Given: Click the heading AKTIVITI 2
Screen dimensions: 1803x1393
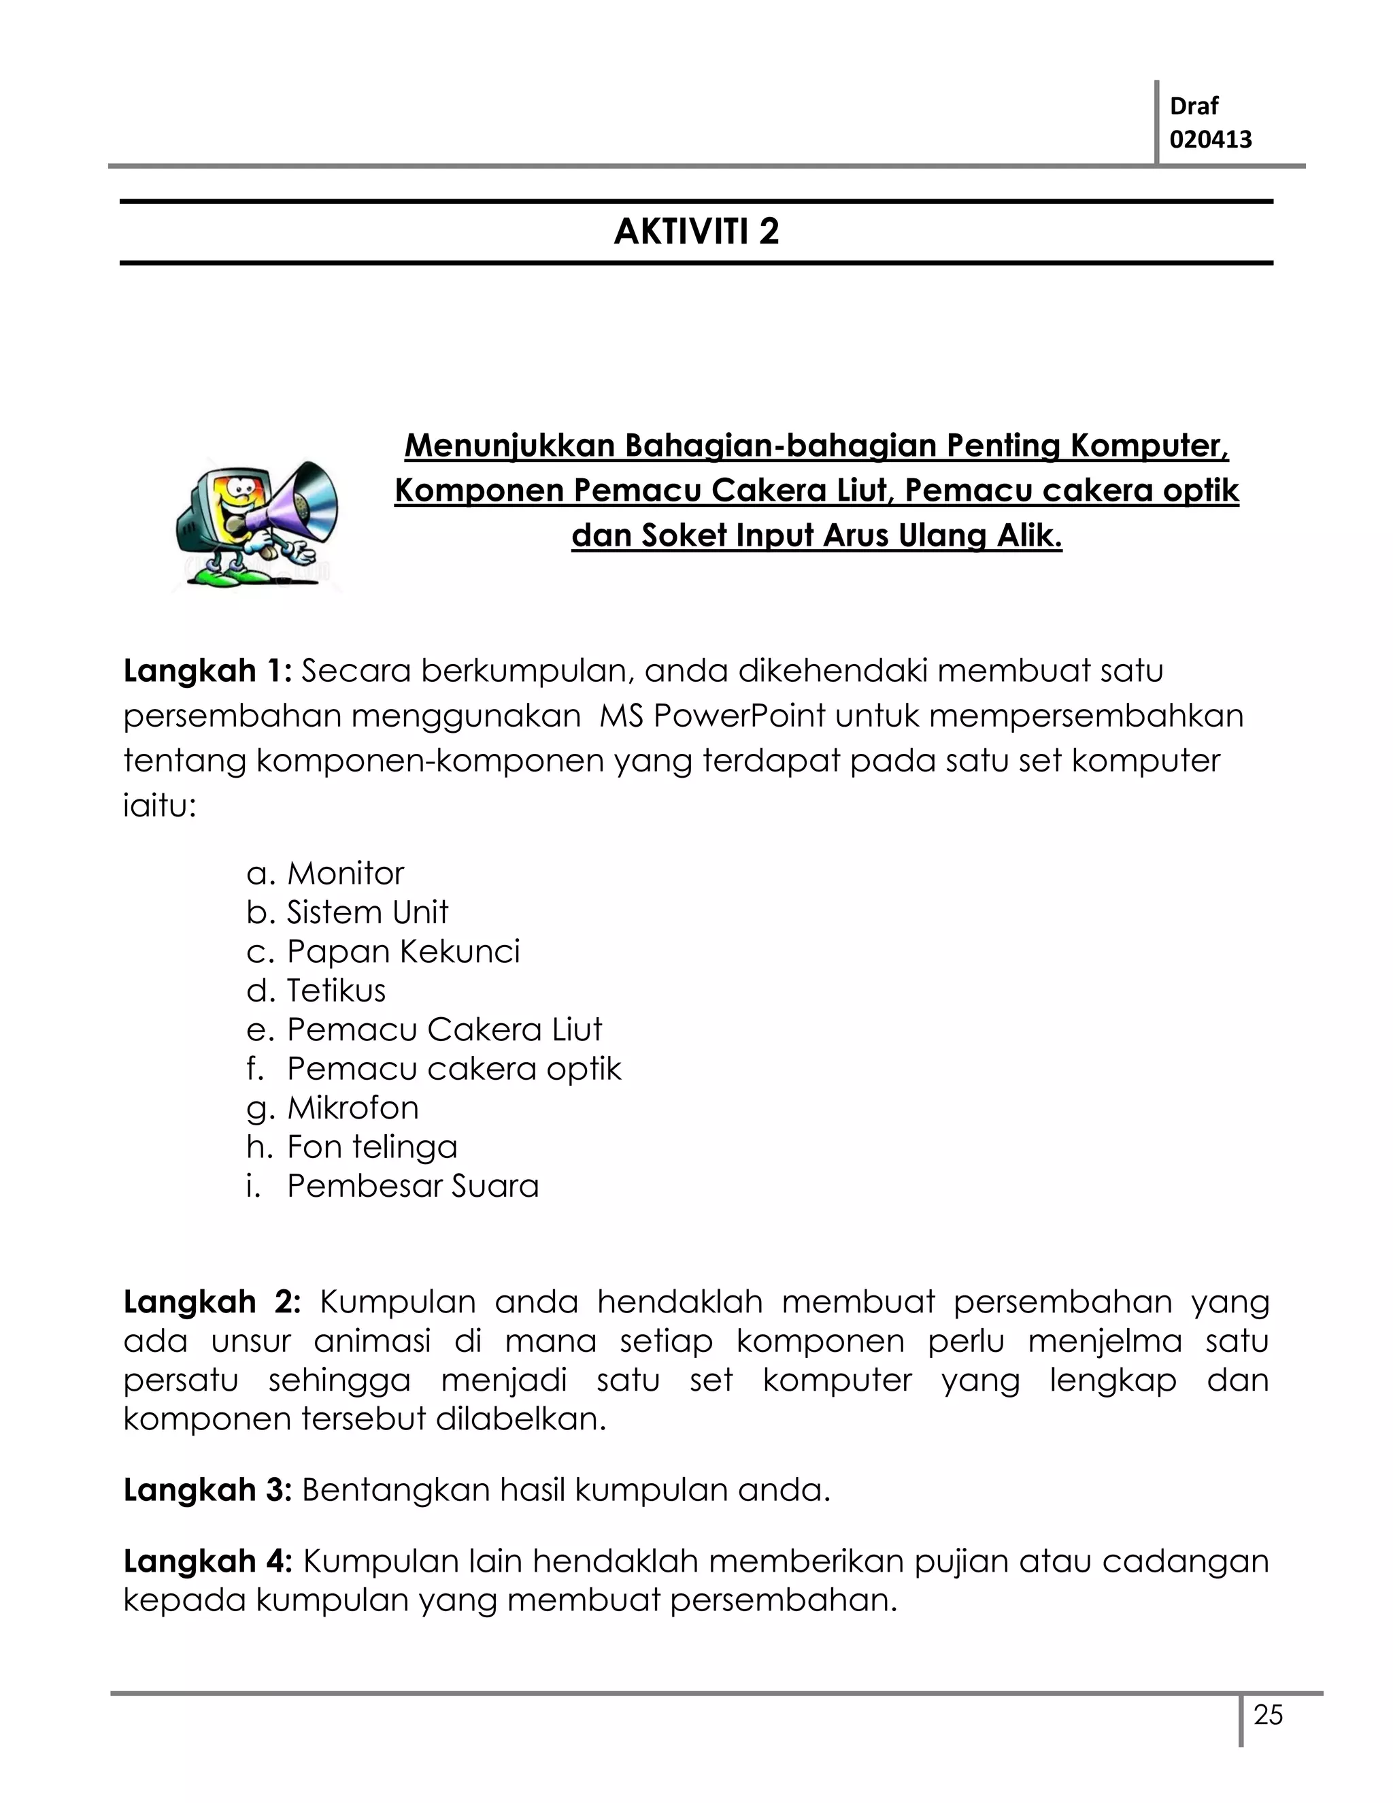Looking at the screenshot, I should pos(696,232).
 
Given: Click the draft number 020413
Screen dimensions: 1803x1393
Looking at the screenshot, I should pos(1211,139).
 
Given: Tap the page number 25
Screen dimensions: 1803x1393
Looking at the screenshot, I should pos(1269,1715).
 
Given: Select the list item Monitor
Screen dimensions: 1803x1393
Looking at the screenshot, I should pos(345,874).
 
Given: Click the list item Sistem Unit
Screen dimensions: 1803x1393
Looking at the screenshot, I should pos(367,912).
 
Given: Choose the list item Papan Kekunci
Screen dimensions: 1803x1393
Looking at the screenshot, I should pos(403,951).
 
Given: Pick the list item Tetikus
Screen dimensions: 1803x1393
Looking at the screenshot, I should pos(336,991).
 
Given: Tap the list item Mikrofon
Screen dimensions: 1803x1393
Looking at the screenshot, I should pos(352,1108).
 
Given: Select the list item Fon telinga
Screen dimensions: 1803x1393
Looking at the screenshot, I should pos(371,1146).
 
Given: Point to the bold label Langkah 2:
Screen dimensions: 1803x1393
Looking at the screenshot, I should pos(212,1302).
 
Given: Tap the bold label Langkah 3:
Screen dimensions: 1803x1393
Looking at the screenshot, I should pos(208,1490).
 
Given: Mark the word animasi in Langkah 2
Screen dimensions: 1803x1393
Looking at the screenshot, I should pos(372,1341).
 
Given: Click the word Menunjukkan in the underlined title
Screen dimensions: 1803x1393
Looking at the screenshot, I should pos(510,446).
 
